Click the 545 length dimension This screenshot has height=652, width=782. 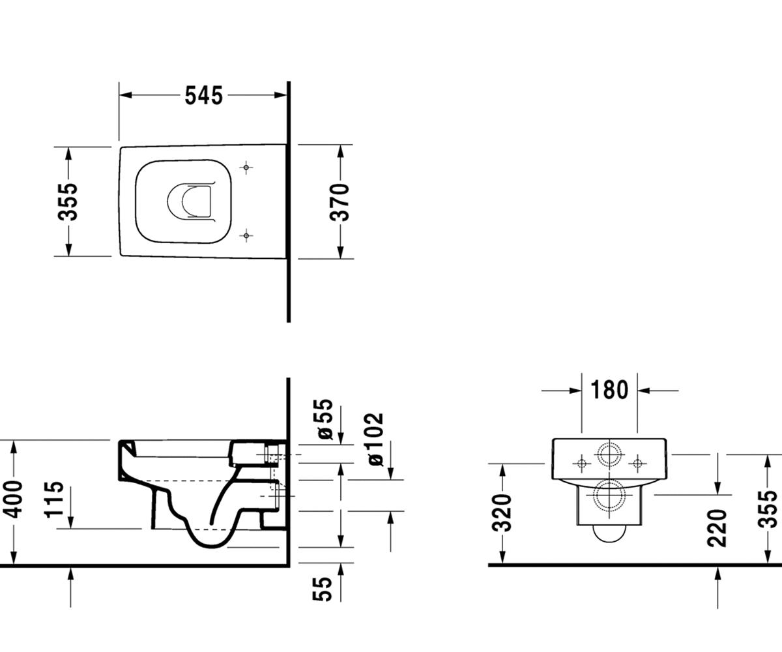click(x=204, y=95)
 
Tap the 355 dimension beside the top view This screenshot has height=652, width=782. click(x=69, y=201)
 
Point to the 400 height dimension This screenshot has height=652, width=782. click(x=14, y=499)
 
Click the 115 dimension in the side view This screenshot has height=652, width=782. click(x=54, y=499)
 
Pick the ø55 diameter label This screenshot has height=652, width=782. click(x=323, y=419)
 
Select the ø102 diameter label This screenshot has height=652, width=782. click(x=375, y=439)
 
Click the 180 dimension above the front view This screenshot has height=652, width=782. click(x=609, y=390)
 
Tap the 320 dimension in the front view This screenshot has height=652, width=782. click(x=502, y=512)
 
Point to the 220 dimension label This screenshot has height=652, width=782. click(x=717, y=528)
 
